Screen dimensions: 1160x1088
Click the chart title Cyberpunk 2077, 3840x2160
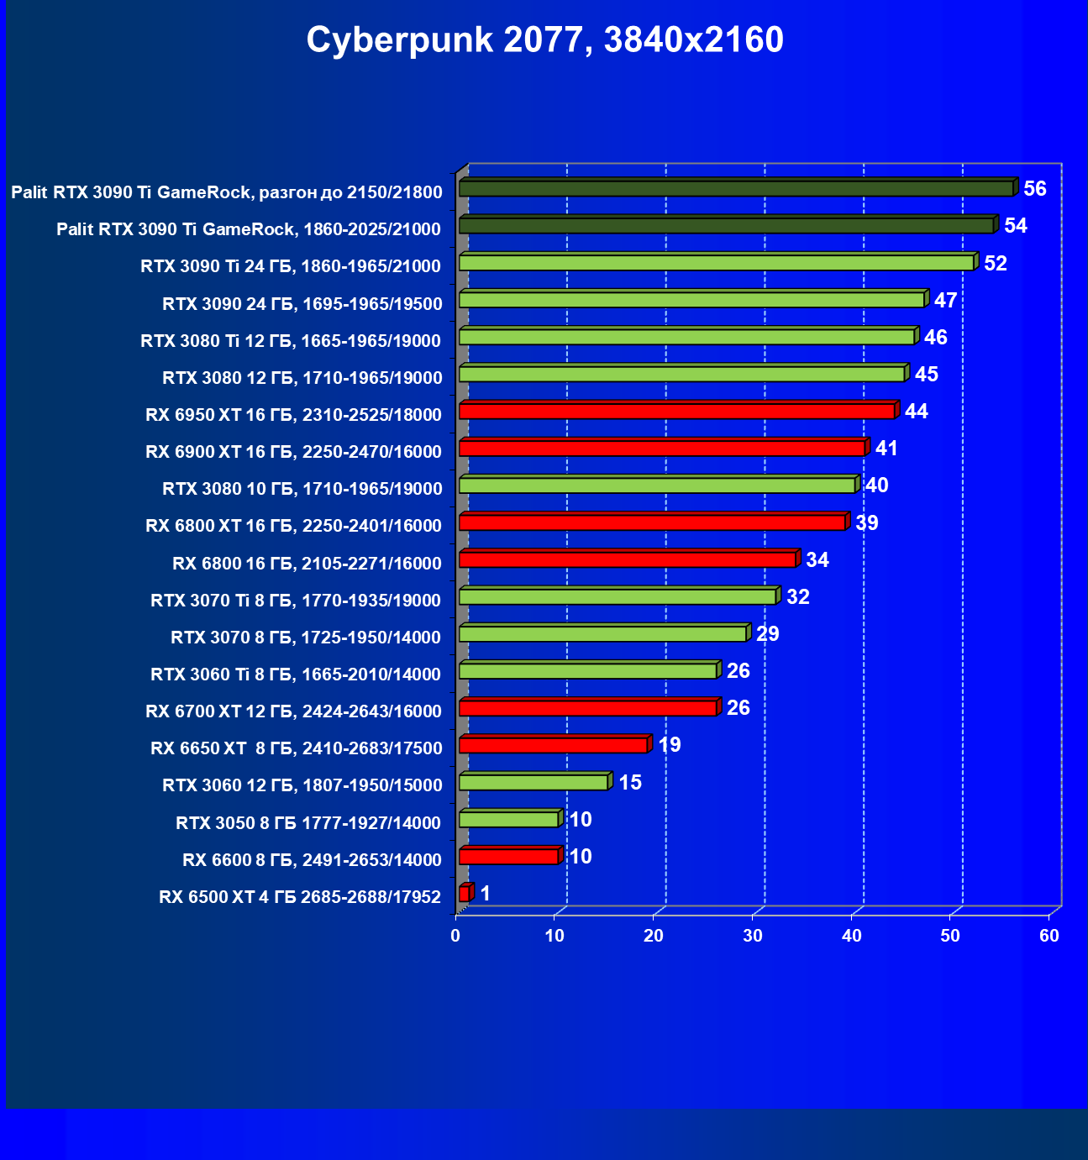pyautogui.click(x=544, y=39)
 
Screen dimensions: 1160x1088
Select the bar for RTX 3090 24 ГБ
pyautogui.click(x=691, y=300)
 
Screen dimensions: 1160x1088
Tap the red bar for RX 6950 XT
pyautogui.click(x=676, y=411)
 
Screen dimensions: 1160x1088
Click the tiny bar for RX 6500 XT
pyautogui.click(x=465, y=894)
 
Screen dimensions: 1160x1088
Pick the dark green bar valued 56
pyautogui.click(x=736, y=188)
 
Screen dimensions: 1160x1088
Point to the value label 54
pyautogui.click(x=1015, y=226)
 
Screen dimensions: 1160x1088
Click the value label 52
pyautogui.click(x=995, y=264)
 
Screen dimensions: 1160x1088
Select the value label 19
pyautogui.click(x=670, y=745)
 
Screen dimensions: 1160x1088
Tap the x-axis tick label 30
pyautogui.click(x=753, y=936)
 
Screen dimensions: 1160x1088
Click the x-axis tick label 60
pyautogui.click(x=1049, y=936)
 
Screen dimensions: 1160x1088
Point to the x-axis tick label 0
pyautogui.click(x=455, y=936)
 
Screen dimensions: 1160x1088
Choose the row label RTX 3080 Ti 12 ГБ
pyautogui.click(x=291, y=340)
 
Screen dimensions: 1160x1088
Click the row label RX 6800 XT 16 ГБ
pyautogui.click(x=293, y=526)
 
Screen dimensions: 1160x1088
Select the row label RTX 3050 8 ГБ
pyautogui.click(x=307, y=822)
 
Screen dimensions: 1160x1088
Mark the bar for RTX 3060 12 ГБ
pyautogui.click(x=533, y=783)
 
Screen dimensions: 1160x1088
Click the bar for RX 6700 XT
pyautogui.click(x=587, y=708)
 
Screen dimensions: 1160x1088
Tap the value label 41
pyautogui.click(x=886, y=449)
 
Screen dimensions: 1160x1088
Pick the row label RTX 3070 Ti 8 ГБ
pyautogui.click(x=296, y=600)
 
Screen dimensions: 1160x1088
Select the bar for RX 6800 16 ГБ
pyautogui.click(x=627, y=559)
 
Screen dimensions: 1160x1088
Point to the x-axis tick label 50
pyautogui.click(x=950, y=936)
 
